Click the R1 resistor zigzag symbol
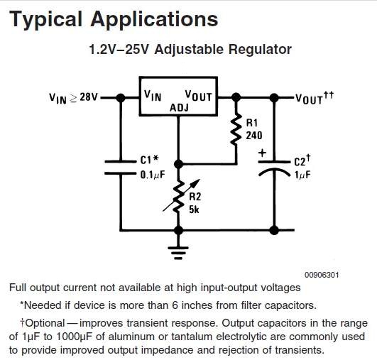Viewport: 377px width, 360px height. coord(236,130)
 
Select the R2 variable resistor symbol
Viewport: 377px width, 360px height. coord(179,196)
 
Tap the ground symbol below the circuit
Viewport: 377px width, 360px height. coord(178,253)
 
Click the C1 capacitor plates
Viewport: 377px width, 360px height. coord(120,168)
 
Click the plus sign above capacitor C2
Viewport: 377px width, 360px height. coord(262,153)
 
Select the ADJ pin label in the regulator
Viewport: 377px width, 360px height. coord(179,108)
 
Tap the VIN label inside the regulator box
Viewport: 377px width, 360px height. coord(153,95)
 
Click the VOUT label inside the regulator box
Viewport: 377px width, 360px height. coord(198,96)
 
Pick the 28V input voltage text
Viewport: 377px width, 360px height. coord(89,97)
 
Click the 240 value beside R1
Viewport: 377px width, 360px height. coord(254,136)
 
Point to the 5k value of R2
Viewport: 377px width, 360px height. coord(194,209)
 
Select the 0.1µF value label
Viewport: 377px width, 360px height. coord(153,175)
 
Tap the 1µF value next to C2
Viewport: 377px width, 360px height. coord(302,175)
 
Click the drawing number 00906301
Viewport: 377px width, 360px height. coord(322,275)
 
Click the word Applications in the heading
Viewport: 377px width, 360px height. coord(154,19)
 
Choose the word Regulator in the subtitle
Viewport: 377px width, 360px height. coord(260,50)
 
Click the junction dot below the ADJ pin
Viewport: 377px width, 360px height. coord(178,164)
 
